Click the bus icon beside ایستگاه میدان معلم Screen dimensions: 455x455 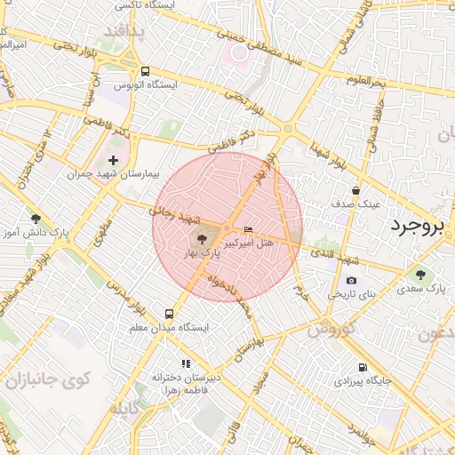click(x=169, y=314)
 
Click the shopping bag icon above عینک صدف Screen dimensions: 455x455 click(x=355, y=190)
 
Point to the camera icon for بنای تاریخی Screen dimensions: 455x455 click(x=352, y=281)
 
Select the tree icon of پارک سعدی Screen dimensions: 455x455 click(x=419, y=274)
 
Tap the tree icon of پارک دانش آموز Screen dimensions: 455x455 click(x=36, y=219)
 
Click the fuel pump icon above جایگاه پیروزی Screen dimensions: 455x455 click(x=362, y=367)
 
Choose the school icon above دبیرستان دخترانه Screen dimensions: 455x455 click(x=186, y=363)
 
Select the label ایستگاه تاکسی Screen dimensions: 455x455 click(x=142, y=5)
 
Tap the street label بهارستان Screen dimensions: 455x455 click(x=246, y=349)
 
